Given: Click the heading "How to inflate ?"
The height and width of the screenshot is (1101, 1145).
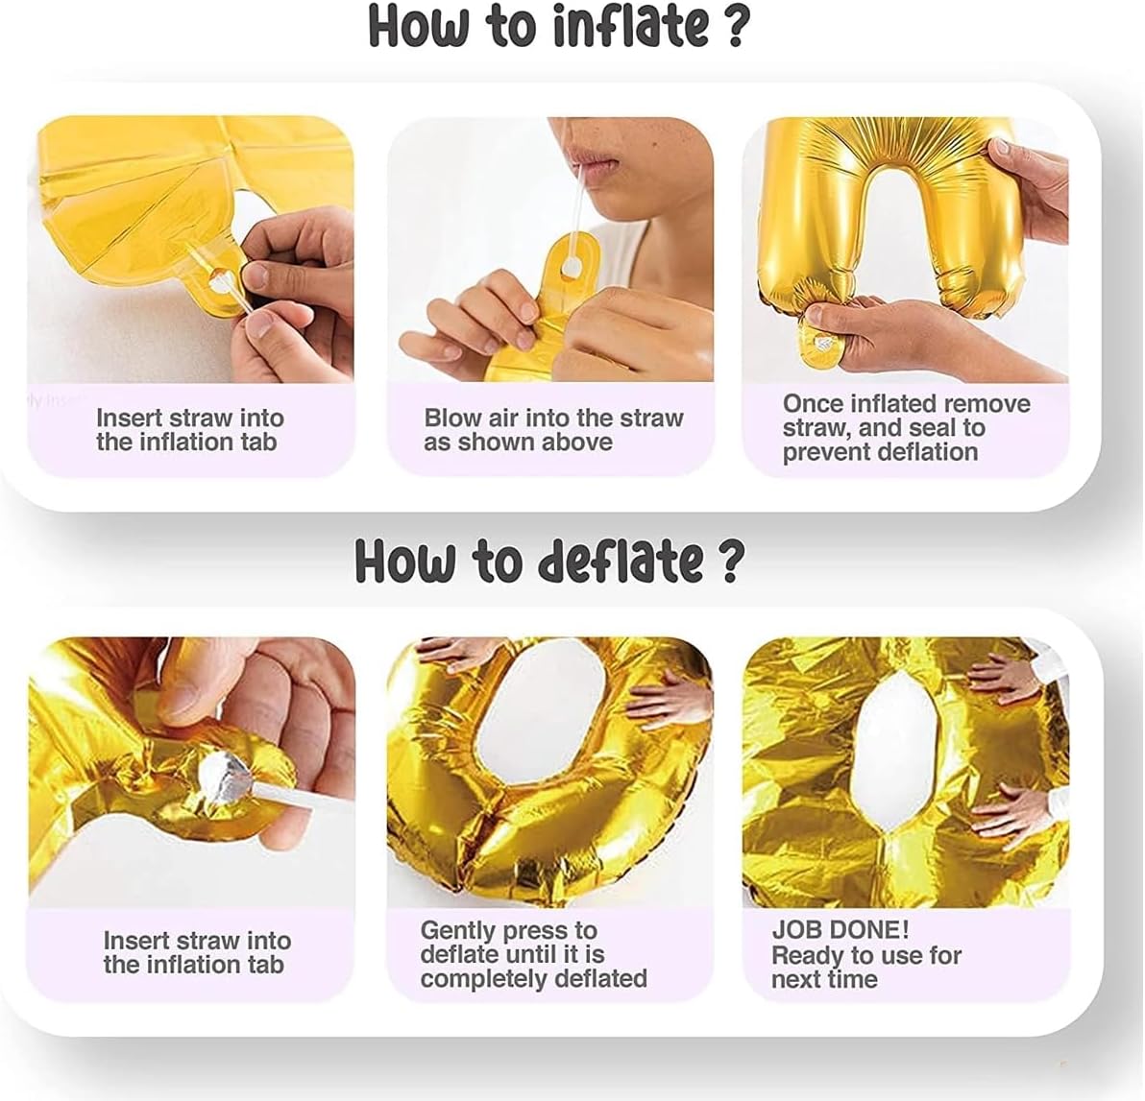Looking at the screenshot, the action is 559,26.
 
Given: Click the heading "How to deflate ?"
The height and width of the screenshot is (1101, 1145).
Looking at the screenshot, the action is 549,561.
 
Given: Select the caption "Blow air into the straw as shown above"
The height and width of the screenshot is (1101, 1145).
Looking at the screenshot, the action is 553,430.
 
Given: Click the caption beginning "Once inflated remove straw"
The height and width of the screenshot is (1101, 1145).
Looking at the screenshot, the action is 906,427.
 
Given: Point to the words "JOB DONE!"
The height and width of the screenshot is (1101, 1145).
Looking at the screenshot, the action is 840,929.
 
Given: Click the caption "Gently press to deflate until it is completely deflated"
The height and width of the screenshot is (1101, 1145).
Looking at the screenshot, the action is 534,954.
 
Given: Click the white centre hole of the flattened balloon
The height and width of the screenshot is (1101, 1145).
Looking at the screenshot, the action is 893,752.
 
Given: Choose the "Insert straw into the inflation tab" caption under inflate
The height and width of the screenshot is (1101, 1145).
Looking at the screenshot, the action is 189,430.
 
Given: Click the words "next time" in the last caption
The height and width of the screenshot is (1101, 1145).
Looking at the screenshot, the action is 824,978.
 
